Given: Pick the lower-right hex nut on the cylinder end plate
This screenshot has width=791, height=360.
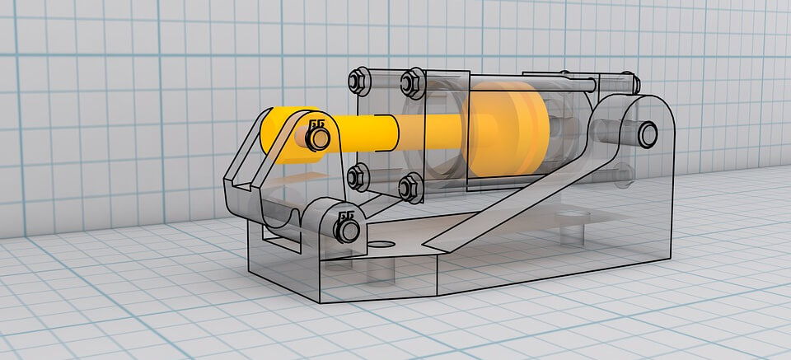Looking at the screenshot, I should pos(409,188).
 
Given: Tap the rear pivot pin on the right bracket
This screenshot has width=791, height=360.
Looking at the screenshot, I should pos(645,133).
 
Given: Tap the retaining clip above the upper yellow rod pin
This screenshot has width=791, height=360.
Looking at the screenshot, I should pos(316,123).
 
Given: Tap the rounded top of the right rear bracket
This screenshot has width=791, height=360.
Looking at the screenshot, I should pos(643,105).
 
